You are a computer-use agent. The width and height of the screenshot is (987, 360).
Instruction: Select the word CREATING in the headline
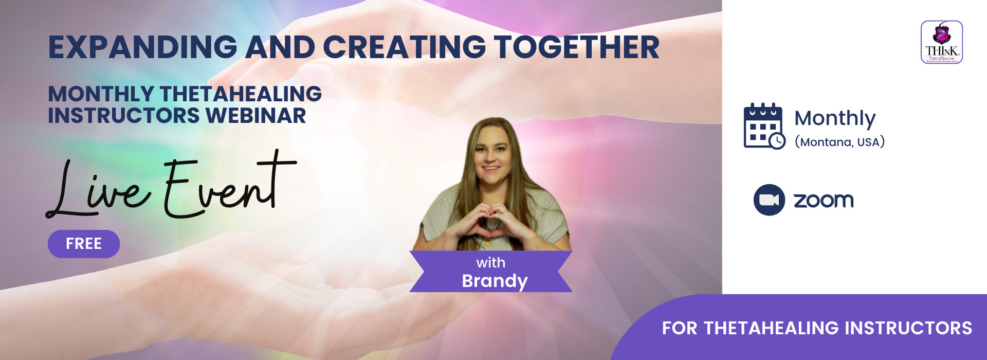(x=404, y=47)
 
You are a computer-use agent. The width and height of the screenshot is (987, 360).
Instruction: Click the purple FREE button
(x=84, y=244)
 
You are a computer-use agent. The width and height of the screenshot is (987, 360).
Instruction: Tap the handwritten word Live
(x=98, y=190)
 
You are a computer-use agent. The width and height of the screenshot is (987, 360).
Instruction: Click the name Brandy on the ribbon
(x=495, y=281)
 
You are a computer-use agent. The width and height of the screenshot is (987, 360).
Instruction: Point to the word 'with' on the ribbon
(x=491, y=263)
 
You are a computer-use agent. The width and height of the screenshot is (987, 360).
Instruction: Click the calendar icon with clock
(x=764, y=127)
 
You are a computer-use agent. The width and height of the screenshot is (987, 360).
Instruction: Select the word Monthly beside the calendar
(x=835, y=118)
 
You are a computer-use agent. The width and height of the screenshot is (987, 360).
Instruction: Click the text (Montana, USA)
(x=839, y=142)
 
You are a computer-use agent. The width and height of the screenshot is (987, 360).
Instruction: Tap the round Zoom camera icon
(x=769, y=200)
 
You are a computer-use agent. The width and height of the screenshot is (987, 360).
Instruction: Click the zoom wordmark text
(x=824, y=200)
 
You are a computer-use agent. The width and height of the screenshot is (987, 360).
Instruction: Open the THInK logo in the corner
(x=941, y=42)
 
